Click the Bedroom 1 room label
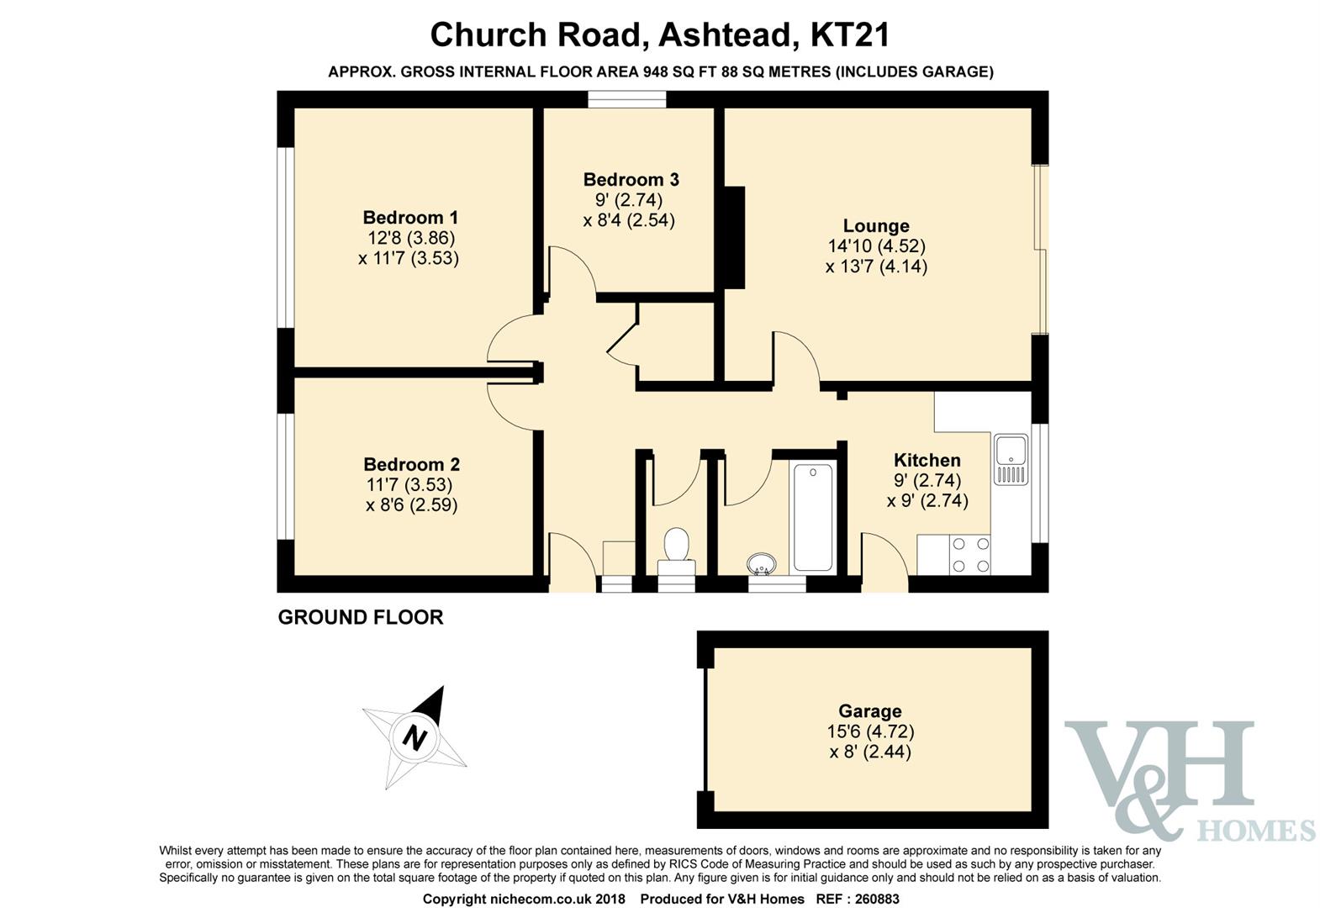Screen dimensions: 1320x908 (x=410, y=218)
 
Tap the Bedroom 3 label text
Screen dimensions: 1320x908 (x=631, y=179)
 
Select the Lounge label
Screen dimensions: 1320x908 (x=876, y=225)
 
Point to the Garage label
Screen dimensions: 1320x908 (x=870, y=710)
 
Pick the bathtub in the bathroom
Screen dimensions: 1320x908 (x=813, y=518)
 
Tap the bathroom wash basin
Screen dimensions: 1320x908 (x=762, y=563)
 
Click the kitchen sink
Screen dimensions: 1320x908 (x=1011, y=460)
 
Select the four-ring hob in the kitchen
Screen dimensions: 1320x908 (x=970, y=554)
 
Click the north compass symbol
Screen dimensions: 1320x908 (x=415, y=736)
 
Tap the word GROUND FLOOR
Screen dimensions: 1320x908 (x=361, y=617)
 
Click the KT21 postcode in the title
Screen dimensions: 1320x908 (x=850, y=34)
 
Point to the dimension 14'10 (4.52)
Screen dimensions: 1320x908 (x=876, y=245)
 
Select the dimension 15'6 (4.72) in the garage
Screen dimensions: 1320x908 (x=870, y=731)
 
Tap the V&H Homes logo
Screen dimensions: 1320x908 (x=1190, y=780)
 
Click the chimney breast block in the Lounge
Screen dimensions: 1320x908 (x=734, y=237)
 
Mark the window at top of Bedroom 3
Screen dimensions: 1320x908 (x=627, y=98)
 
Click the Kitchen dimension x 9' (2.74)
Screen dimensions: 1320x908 (x=927, y=500)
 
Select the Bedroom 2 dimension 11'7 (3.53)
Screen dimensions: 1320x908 (x=409, y=484)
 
